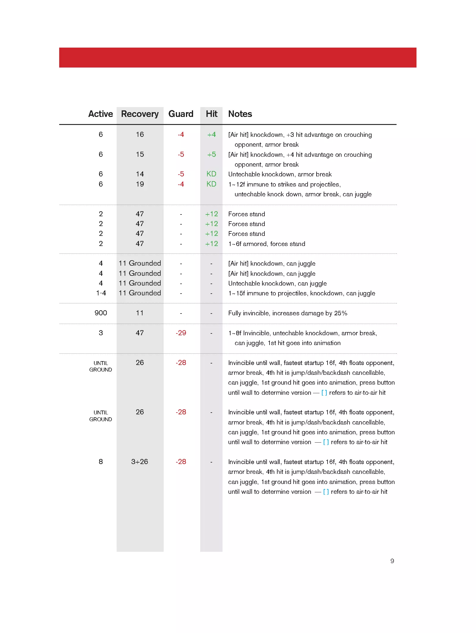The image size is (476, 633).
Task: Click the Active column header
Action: pos(101,114)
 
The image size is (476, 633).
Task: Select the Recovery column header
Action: pos(140,114)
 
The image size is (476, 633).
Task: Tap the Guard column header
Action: pos(181,114)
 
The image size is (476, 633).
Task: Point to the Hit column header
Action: pos(212,114)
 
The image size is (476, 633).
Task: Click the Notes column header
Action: pos(240,114)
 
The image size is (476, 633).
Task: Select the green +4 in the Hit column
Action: pos(212,135)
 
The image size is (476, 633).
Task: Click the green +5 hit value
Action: pos(212,155)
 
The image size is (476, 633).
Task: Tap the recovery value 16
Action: pos(140,134)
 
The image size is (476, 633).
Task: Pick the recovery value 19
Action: pos(140,184)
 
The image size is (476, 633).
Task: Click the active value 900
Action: pos(101,313)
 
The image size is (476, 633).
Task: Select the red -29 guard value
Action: pos(181,333)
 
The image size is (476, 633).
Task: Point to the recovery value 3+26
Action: pos(140,462)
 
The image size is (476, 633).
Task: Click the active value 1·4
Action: pos(101,293)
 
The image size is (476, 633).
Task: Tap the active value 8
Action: pos(101,462)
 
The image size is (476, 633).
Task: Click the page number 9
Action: pos(392,561)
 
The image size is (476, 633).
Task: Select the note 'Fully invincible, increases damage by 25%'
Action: pos(288,313)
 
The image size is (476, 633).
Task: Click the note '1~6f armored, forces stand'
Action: pos(267,244)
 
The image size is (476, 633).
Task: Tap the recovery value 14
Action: pos(140,174)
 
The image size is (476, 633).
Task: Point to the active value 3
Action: pos(101,333)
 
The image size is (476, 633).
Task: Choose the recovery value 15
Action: pos(140,154)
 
